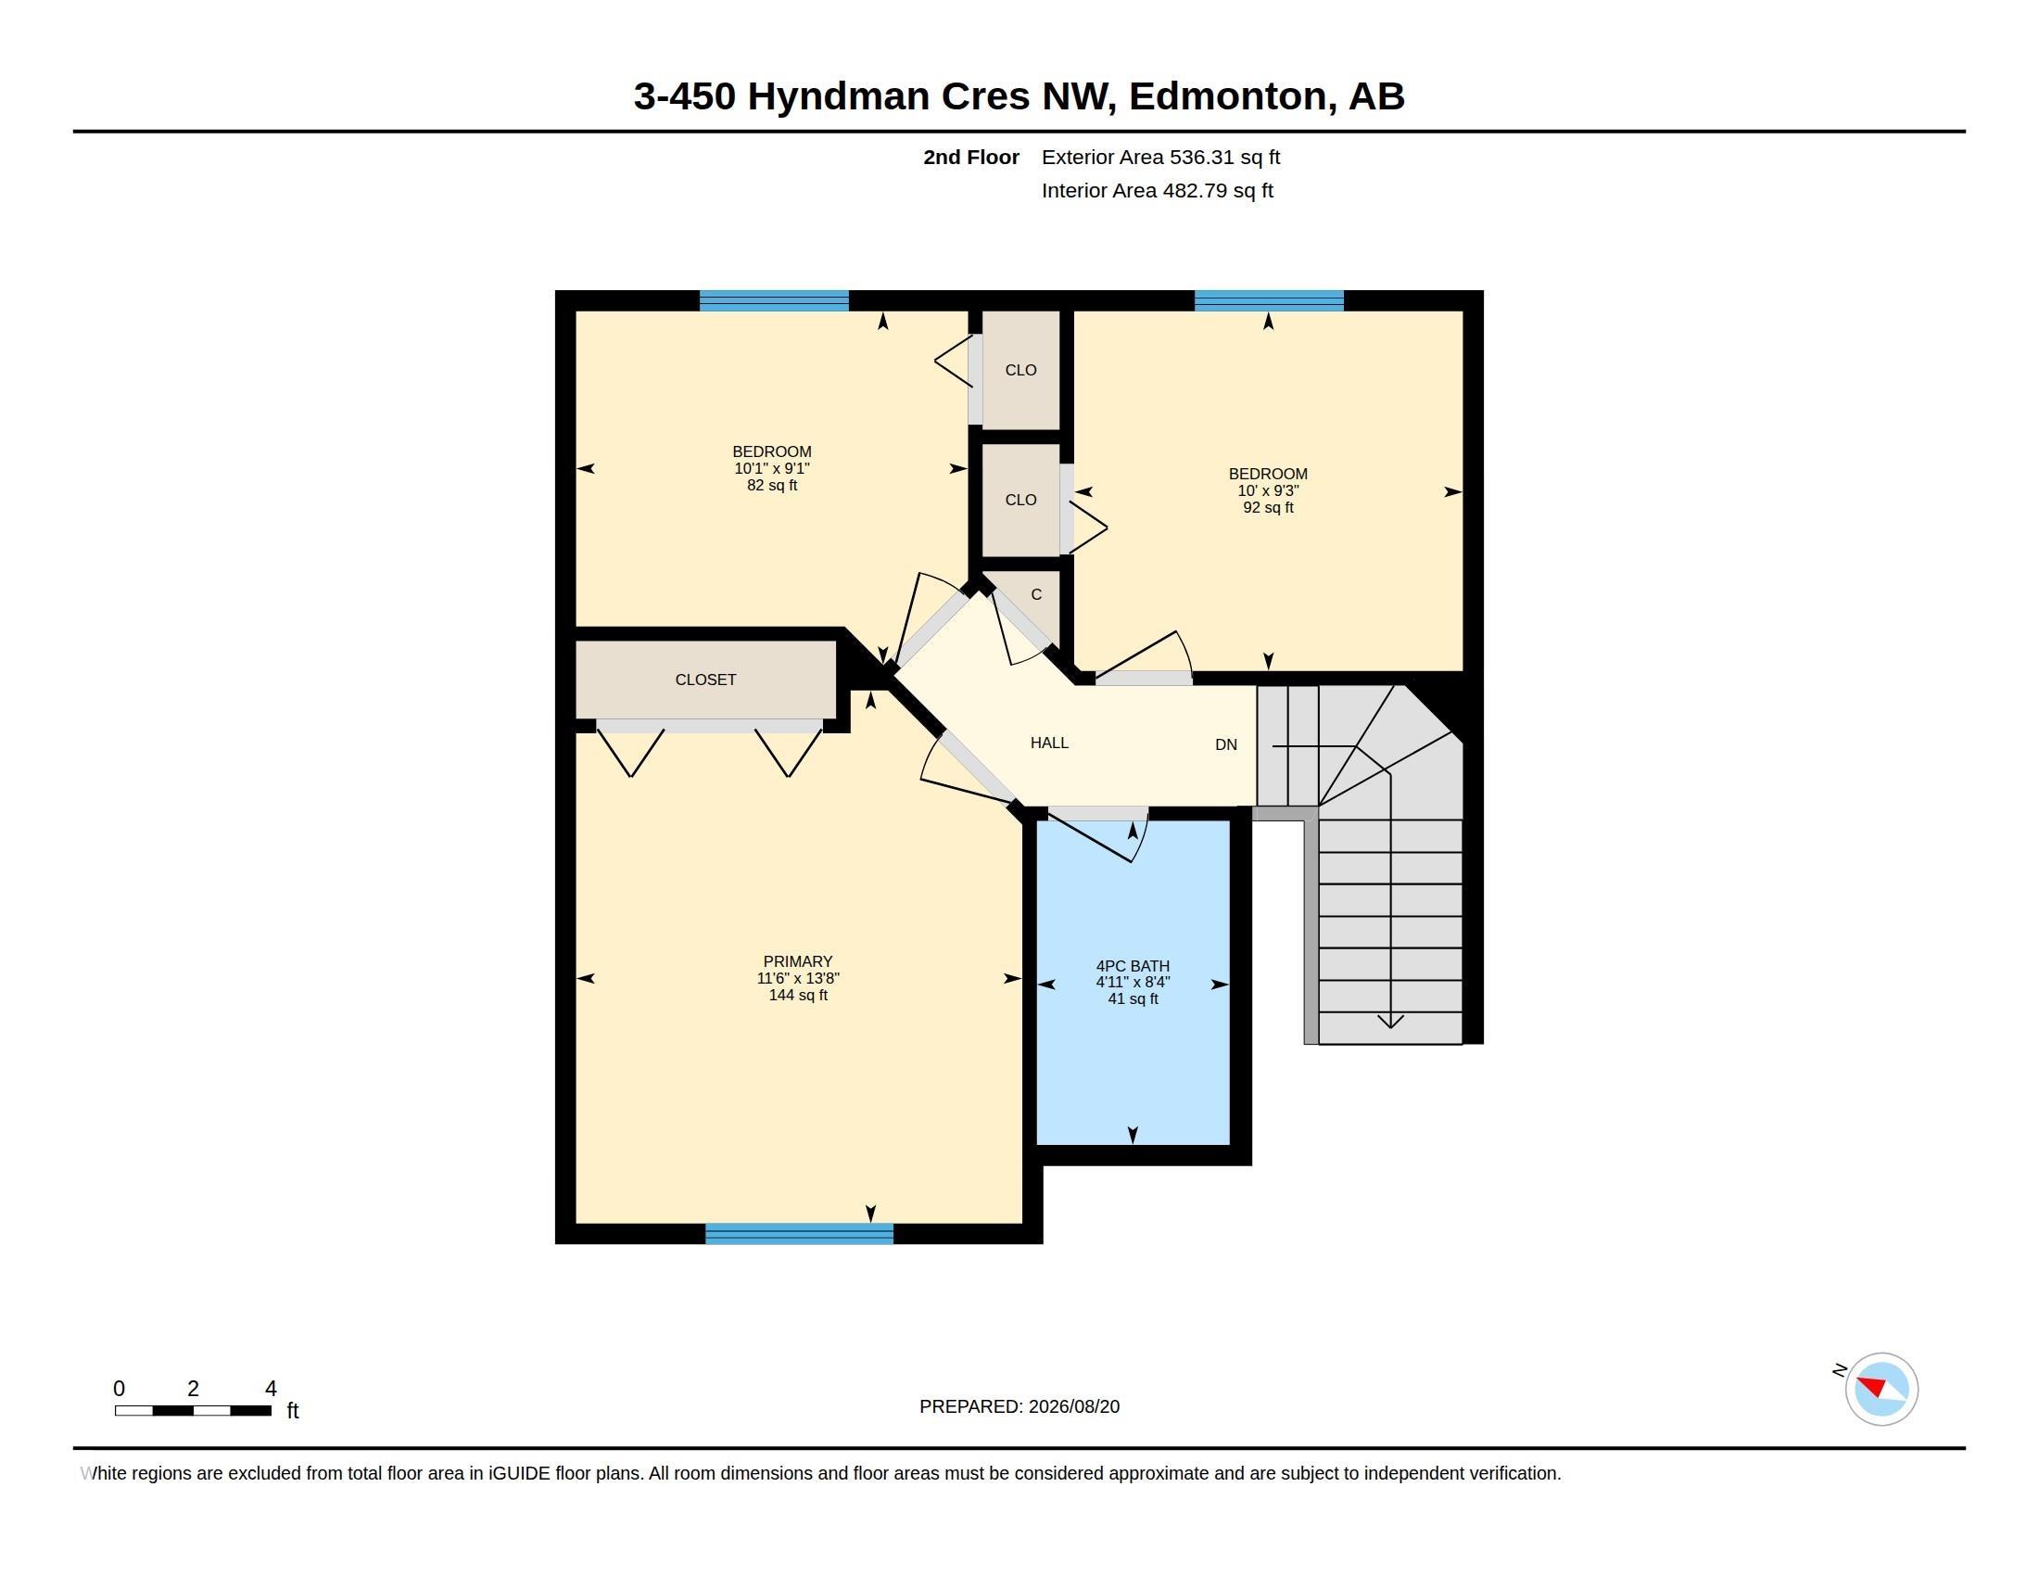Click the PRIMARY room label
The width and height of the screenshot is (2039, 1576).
[797, 961]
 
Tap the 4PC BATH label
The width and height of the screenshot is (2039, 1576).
[1133, 966]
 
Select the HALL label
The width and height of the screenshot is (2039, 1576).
[1049, 744]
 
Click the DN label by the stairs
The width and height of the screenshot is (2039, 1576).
[1226, 745]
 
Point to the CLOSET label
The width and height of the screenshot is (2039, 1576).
[706, 680]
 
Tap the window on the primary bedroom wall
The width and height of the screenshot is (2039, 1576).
[799, 1233]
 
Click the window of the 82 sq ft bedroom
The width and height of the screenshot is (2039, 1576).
[774, 300]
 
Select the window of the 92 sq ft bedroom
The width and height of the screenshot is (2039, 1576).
[1269, 300]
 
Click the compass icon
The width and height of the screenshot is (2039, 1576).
[1881, 1389]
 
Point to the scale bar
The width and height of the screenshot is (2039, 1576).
[194, 1411]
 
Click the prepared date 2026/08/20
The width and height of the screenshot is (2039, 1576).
[1073, 1407]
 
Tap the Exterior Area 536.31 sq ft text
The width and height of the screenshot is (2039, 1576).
[1160, 158]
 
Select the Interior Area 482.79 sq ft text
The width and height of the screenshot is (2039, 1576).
[1157, 191]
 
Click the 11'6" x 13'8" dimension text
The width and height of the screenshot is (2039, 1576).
[798, 978]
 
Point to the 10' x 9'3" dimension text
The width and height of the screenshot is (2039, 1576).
[1268, 491]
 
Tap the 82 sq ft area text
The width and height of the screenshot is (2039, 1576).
[772, 486]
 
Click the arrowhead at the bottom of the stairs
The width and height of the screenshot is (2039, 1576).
[1391, 1022]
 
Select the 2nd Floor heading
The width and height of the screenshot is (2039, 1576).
[971, 158]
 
